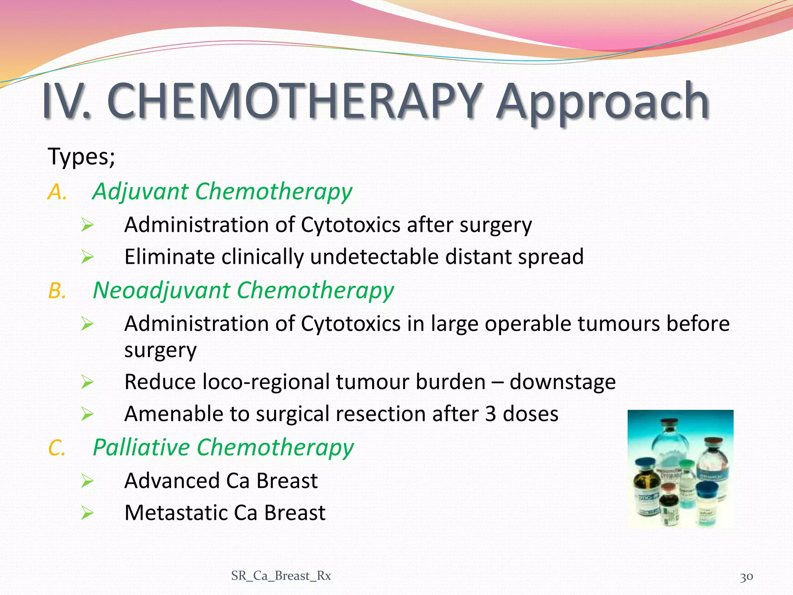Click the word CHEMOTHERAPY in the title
coord(294,101)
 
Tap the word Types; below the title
coord(81,157)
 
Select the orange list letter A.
coord(57,192)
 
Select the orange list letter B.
coord(57,291)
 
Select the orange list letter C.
coord(57,448)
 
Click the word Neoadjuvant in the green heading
coord(161,291)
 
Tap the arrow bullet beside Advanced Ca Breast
coord(88,481)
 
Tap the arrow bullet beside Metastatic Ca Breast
coord(88,513)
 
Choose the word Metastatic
coord(176,513)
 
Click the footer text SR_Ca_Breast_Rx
coord(281,576)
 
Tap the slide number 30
coord(746,577)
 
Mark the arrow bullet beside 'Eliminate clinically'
coord(88,257)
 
